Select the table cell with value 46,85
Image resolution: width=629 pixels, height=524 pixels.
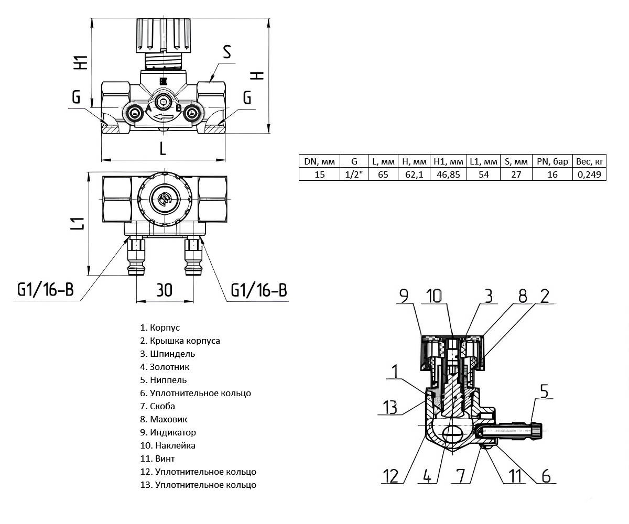tap(447, 174)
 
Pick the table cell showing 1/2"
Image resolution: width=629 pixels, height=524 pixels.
tap(354, 174)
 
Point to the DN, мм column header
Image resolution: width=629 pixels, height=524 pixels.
tap(319, 161)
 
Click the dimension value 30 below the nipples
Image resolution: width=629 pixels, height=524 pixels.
tap(164, 290)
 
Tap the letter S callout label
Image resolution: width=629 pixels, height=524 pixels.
tap(226, 52)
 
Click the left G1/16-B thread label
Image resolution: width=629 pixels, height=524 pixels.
tap(45, 290)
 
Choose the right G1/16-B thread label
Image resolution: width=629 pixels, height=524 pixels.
tap(258, 290)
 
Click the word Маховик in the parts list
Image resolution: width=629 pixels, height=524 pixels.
tap(168, 419)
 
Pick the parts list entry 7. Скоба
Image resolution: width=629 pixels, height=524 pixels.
tap(157, 406)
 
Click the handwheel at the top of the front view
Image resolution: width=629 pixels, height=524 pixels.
tap(164, 35)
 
